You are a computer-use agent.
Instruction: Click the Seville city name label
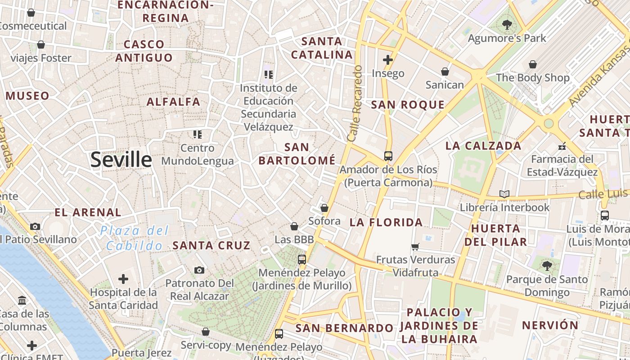tap(121, 160)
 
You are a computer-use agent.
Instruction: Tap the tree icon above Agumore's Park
tap(507, 25)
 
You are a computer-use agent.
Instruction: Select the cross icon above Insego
tap(388, 59)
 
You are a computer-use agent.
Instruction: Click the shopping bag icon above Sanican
tap(445, 72)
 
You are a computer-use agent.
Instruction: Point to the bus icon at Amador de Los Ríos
tap(388, 156)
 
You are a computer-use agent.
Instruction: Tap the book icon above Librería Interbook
tap(504, 194)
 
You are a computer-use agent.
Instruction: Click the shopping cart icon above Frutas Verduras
tap(415, 247)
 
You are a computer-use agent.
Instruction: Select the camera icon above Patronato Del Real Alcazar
tap(199, 270)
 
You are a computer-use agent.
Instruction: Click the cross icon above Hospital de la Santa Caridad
tap(123, 279)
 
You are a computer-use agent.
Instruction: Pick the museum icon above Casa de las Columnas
tap(22, 300)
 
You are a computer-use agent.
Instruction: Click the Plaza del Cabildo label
tap(134, 238)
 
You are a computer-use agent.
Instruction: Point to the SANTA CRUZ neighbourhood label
tap(211, 245)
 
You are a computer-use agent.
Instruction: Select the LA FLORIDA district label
tap(386, 222)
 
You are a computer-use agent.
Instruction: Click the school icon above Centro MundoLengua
tap(197, 134)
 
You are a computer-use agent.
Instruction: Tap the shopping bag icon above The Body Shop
tap(533, 64)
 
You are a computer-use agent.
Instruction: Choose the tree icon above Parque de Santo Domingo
tap(547, 266)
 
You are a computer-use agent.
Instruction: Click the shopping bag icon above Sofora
tap(324, 208)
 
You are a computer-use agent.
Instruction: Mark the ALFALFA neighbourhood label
tap(173, 102)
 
